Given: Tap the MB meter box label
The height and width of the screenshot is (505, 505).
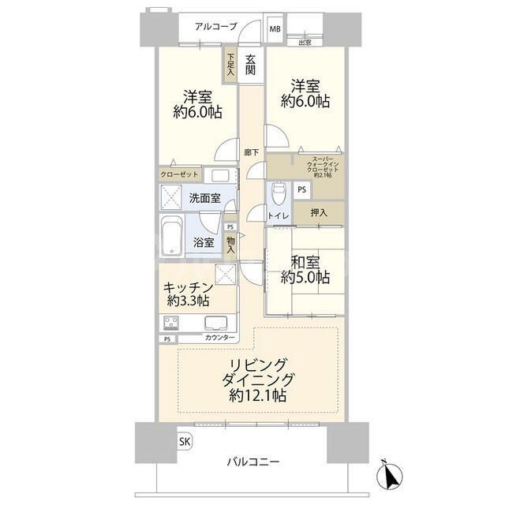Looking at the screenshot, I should coord(275,29).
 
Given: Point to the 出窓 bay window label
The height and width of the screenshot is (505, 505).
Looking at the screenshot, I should coord(305,43).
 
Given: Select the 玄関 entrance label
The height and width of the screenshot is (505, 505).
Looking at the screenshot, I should coord(250,65).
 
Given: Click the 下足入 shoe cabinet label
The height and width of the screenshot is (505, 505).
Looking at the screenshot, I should coord(230,64).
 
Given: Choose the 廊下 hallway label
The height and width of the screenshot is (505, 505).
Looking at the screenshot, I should coord(250,152).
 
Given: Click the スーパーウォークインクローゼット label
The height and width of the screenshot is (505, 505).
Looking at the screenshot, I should coord(318,165).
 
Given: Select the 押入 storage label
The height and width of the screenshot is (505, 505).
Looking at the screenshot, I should coord(319,212).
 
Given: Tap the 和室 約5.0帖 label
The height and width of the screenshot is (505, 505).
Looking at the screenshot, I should coord(306,269).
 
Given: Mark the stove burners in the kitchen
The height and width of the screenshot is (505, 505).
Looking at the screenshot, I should coord(171,322).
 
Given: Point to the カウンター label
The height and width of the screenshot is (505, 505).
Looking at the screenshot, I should coord(219,339).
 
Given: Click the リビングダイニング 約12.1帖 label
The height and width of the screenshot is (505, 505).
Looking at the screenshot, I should coord(258,379).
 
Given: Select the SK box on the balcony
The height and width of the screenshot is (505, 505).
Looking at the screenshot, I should coord(183,441).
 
